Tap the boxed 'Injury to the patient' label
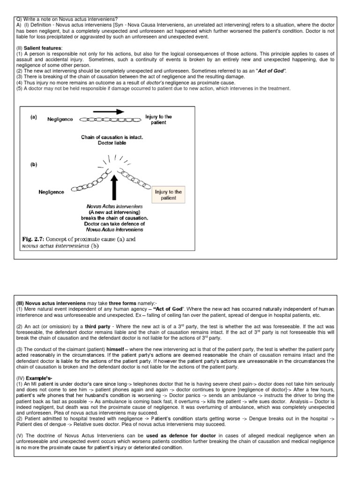click(x=168, y=195)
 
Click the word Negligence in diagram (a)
click(x=60, y=120)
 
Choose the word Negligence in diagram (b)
click(x=51, y=192)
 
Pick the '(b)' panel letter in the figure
click(x=34, y=165)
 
